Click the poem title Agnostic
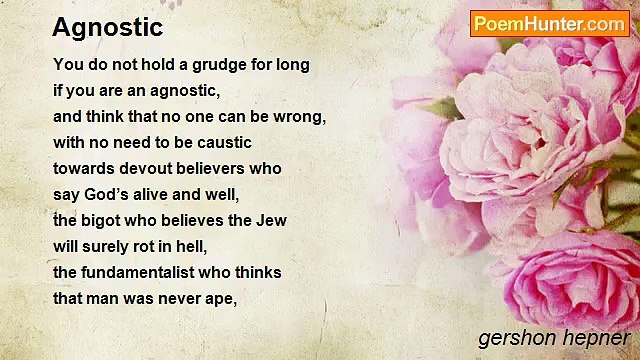[107, 27]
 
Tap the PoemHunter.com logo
[549, 23]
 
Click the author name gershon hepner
[554, 338]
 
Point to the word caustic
[221, 143]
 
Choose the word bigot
[104, 220]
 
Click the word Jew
[273, 220]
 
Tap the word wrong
[300, 117]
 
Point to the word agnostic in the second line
[181, 91]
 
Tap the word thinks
[259, 272]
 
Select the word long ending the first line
[292, 65]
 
